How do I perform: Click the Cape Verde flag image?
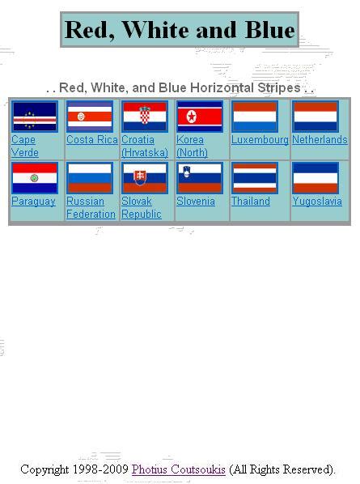[x=35, y=117]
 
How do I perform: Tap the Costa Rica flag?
[x=90, y=117]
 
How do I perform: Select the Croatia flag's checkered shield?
[x=144, y=116]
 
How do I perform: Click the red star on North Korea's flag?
[x=192, y=117]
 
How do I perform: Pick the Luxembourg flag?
[x=255, y=117]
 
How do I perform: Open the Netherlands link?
[x=320, y=140]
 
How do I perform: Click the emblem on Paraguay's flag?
[x=34, y=178]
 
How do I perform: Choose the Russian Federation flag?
[x=90, y=178]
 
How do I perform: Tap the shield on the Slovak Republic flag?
[x=140, y=177]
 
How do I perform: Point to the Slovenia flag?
[x=200, y=178]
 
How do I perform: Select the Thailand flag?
[x=255, y=178]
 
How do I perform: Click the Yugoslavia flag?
[x=316, y=178]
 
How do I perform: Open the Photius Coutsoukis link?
[x=178, y=469]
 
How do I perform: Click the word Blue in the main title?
[x=270, y=30]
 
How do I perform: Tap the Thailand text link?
[x=251, y=202]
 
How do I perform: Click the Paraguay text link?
[x=33, y=202]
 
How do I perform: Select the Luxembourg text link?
[x=260, y=140]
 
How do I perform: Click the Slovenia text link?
[x=196, y=202]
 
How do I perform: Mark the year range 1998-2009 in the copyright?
[x=100, y=469]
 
